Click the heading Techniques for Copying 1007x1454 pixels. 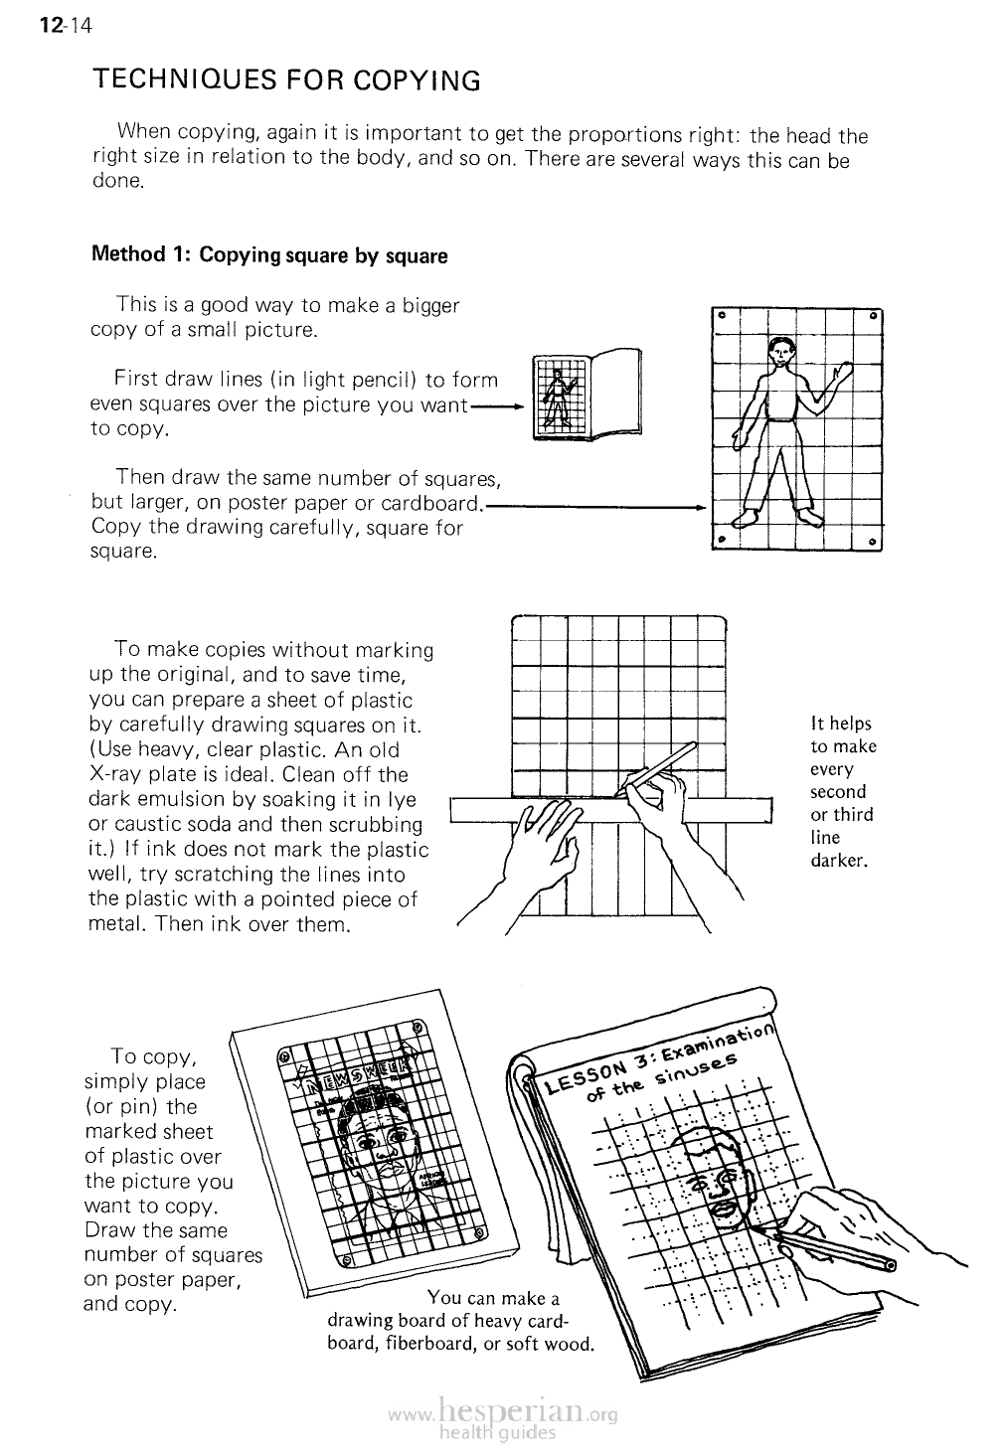[286, 81]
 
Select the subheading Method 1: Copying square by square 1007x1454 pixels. [269, 255]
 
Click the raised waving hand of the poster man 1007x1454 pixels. [843, 374]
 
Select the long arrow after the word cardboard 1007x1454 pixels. [596, 506]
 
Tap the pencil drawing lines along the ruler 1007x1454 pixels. [658, 770]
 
